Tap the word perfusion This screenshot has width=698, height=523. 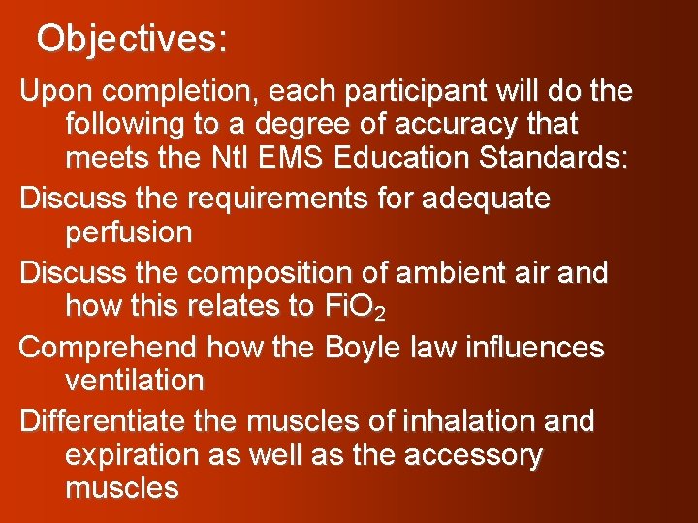click(129, 232)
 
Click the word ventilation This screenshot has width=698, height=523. click(135, 380)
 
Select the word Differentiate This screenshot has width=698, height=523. click(106, 422)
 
